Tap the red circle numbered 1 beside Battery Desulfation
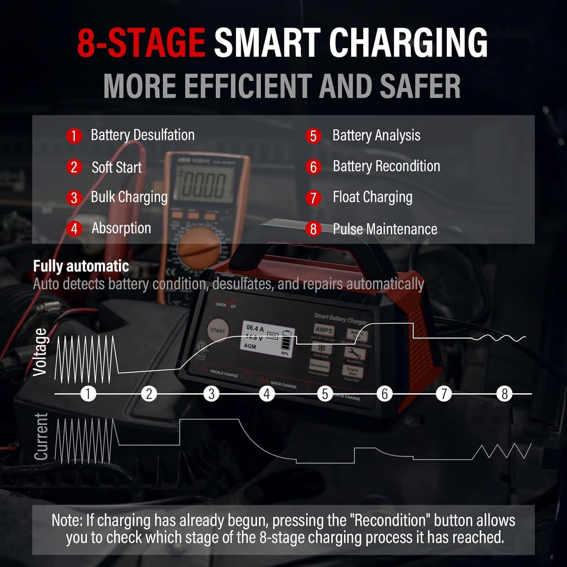tap(74, 136)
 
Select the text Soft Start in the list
tap(117, 168)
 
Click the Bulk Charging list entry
tap(129, 197)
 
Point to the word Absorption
tap(121, 228)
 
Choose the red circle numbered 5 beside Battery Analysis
tap(313, 136)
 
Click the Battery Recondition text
tap(386, 166)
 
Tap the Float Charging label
tap(372, 197)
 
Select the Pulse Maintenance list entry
tap(385, 229)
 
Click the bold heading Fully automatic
tap(81, 266)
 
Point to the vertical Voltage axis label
tap(40, 352)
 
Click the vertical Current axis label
tap(41, 436)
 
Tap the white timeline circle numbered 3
tap(211, 394)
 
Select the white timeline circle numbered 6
tap(385, 394)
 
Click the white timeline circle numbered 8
tap(505, 394)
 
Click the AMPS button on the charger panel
tap(324, 330)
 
